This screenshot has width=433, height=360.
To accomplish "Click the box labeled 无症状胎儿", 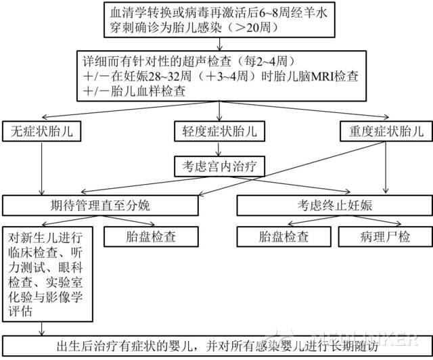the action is point(42,131).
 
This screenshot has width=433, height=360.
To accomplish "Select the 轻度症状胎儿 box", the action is point(219,131).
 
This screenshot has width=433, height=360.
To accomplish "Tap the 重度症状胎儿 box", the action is point(386,131).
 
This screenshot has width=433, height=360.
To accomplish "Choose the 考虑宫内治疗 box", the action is point(219,166).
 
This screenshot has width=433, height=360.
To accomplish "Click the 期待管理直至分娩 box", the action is point(100,206).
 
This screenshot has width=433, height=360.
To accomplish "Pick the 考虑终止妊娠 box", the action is point(335,206).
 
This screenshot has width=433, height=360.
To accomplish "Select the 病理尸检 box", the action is point(385,237).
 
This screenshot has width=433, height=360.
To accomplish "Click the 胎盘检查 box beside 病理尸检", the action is point(283,237).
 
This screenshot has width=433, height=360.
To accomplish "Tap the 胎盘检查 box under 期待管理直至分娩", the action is point(151,237).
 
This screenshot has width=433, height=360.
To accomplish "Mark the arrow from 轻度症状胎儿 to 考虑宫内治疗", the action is point(219,149).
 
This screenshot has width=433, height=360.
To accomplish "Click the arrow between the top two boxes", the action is point(219,44).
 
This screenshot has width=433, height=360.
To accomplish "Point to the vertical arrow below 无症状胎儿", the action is point(42,168).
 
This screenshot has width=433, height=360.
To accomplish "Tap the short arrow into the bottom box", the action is point(42,329).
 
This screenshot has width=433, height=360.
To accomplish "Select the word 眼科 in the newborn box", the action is point(70,267).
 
